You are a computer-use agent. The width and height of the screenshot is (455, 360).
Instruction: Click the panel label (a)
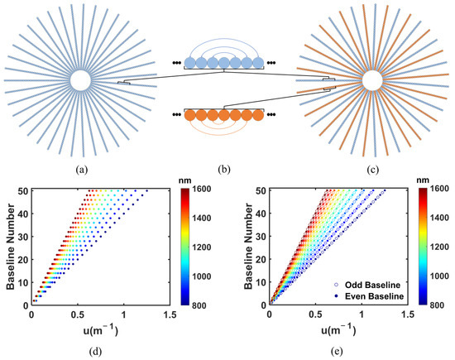coord(80,171)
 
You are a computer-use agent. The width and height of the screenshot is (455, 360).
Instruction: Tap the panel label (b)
coord(226,171)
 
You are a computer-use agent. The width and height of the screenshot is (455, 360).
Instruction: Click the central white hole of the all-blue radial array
coord(80,80)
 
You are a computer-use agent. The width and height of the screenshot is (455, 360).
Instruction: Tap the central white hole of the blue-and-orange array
coord(371,80)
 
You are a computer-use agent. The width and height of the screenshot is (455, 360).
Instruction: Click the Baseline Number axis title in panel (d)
coord(9,247)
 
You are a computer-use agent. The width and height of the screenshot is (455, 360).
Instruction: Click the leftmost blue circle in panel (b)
coord(189,62)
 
